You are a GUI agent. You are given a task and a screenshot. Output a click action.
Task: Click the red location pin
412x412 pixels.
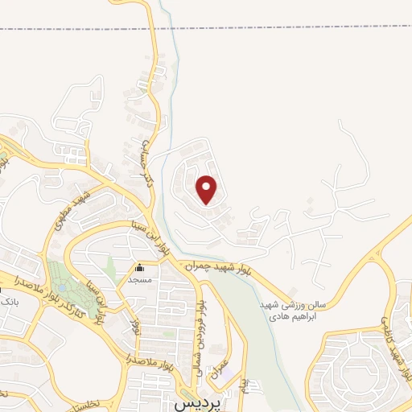click(208, 190)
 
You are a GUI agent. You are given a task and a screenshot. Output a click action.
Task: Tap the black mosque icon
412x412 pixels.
click(141, 269)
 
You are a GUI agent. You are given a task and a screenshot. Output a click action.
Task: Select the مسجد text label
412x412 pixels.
click(140, 280)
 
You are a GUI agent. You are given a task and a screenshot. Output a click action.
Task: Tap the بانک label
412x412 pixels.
click(7, 301)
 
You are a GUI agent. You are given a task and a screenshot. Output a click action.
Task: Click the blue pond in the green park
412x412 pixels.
click(61, 286)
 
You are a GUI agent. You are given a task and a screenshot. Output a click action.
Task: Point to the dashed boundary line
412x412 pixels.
click(206, 29)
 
